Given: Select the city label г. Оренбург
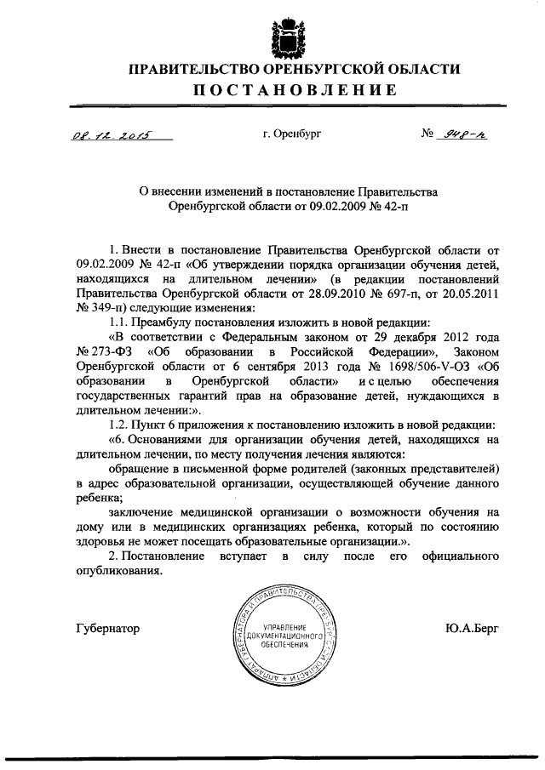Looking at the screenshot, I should pos(293,134).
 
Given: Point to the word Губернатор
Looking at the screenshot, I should pos(107,629).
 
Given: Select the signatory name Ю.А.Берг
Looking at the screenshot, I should pos(471,629).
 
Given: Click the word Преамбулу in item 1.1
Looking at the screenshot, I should pos(167,322).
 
